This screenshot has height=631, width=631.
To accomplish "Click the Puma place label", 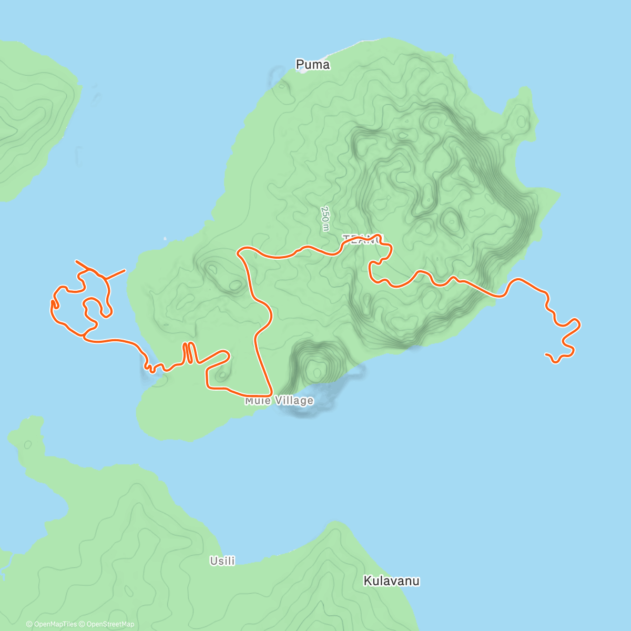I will (x=313, y=65).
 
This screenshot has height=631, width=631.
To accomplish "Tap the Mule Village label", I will (x=279, y=401).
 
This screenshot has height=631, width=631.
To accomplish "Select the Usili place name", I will (x=222, y=561).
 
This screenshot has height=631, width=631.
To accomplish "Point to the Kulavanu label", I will (x=392, y=581).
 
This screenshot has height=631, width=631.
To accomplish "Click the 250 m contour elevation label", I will (x=325, y=218).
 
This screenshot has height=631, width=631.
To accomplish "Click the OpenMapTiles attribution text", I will (x=55, y=624).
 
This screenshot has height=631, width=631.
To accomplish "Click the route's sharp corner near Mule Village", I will (x=270, y=393).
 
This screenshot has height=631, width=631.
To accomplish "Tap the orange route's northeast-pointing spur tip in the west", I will (x=125, y=270).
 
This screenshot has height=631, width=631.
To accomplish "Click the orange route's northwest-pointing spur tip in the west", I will (x=76, y=261).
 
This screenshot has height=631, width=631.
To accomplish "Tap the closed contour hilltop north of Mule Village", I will (x=317, y=371).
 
